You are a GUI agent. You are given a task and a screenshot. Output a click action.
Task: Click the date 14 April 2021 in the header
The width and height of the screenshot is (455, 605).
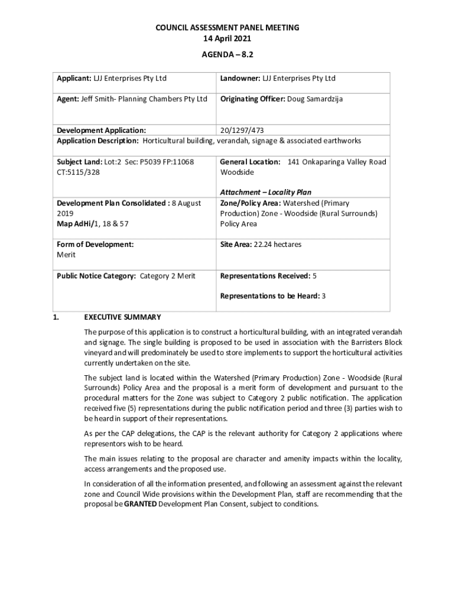(x=227, y=38)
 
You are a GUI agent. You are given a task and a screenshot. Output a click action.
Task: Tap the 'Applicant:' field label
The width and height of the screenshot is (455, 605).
(x=73, y=79)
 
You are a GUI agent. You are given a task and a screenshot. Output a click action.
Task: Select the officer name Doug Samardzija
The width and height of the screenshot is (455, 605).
(x=315, y=99)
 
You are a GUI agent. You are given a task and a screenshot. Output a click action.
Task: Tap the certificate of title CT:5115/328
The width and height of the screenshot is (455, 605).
(x=78, y=173)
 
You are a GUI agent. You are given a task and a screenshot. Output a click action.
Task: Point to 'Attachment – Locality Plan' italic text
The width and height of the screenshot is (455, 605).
(x=266, y=193)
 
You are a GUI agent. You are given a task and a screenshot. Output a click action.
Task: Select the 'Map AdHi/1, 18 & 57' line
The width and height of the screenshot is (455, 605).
(x=92, y=225)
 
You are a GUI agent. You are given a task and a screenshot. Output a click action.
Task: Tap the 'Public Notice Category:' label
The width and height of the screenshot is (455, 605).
(x=96, y=276)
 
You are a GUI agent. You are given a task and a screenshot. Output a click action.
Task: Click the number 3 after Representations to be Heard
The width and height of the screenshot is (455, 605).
(x=324, y=296)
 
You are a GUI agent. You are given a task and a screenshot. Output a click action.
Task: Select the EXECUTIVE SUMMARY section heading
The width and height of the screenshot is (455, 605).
(x=122, y=317)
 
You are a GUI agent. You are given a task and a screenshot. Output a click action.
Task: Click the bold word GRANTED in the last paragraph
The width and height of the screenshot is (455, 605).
(x=140, y=505)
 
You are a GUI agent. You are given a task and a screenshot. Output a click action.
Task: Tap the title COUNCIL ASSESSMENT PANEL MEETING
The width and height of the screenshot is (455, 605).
(x=227, y=28)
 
